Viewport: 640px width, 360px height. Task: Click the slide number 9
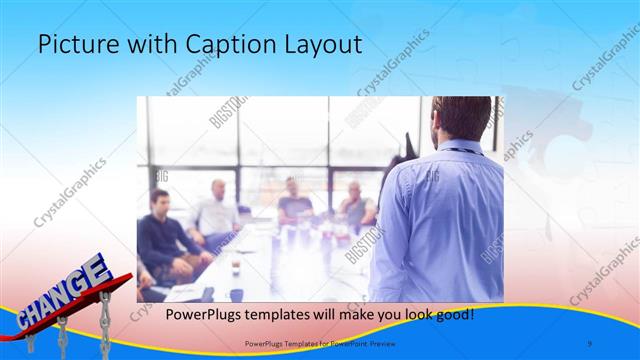click(589, 344)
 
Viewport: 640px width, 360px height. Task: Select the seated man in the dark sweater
click(160, 235)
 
